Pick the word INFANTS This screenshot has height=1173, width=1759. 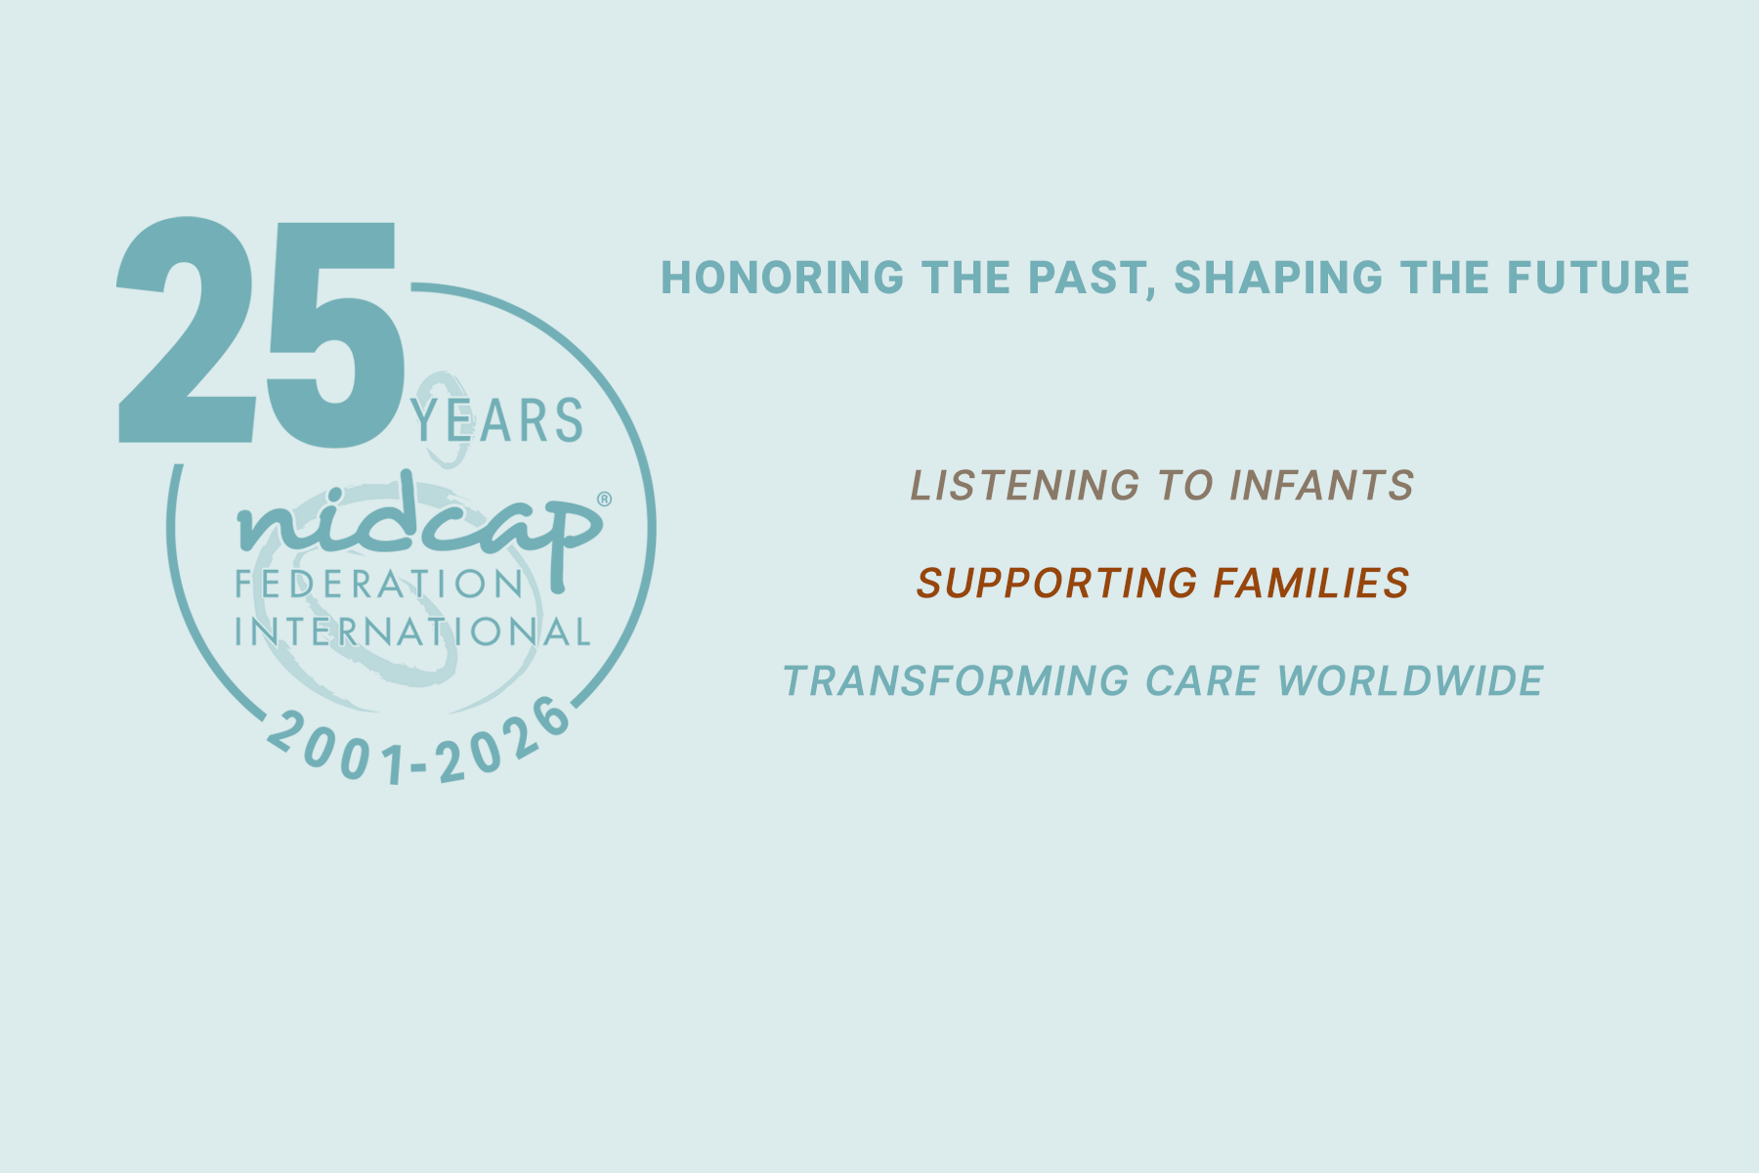click(x=1321, y=486)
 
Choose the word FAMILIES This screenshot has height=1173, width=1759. click(x=1311, y=584)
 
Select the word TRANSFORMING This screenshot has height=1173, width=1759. click(x=956, y=681)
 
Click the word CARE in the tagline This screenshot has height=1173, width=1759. click(x=1202, y=681)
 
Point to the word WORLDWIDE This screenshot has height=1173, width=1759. click(x=1410, y=681)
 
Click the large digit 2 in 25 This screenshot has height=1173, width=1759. click(x=186, y=330)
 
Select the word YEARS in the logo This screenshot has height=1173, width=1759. click(x=497, y=421)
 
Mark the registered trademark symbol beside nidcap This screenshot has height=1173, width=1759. click(x=604, y=499)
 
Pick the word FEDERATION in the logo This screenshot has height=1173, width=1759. click(x=380, y=585)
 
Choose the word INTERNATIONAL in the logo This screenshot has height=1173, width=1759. click(x=412, y=631)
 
